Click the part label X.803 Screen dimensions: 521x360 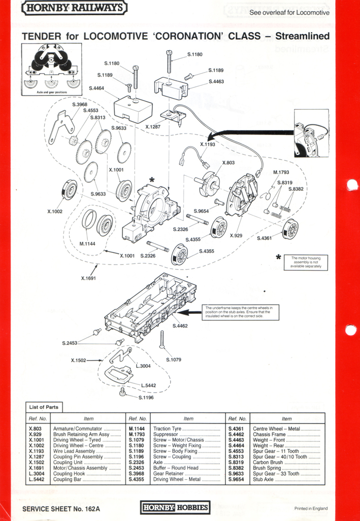pos(228,162)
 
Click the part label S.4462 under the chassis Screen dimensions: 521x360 pos(180,325)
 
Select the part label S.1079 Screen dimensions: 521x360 pos(174,360)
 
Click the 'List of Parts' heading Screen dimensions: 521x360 pos(44,407)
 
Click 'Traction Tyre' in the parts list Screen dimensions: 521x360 pos(169,429)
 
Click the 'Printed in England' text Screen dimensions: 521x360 pos(311,508)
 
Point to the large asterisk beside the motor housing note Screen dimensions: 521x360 pos(278,258)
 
